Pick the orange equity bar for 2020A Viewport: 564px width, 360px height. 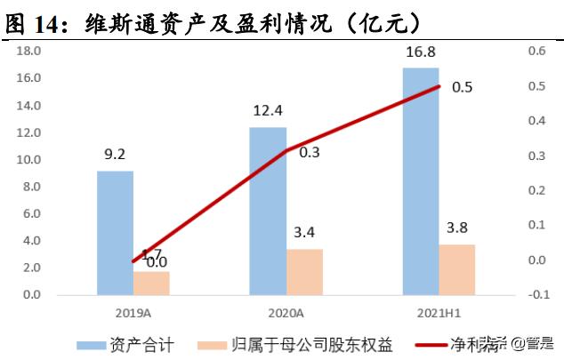(x=304, y=272)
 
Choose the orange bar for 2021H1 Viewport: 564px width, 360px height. (x=457, y=269)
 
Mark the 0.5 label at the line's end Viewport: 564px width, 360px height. (x=463, y=87)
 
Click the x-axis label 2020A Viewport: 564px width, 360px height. (x=285, y=313)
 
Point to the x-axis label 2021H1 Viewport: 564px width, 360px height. (x=438, y=313)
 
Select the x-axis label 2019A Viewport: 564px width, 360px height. (x=133, y=313)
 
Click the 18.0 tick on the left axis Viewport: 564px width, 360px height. (x=30, y=51)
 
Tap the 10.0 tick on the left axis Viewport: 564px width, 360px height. (x=30, y=160)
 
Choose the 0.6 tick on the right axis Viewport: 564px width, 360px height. (x=535, y=51)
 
